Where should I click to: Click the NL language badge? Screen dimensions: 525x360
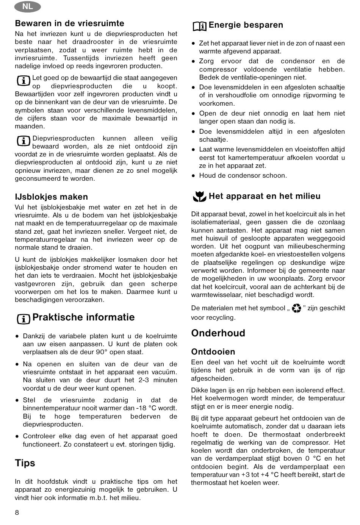tap(27, 6)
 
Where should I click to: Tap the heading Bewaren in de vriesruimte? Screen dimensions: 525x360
tap(69, 23)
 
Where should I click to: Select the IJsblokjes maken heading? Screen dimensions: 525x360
tap(51, 197)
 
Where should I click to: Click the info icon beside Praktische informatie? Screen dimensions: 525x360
tap(23, 319)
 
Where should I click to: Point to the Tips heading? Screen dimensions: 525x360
tap(25, 463)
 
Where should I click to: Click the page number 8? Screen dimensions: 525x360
tap(17, 513)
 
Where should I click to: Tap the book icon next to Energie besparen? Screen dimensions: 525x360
tap(199, 26)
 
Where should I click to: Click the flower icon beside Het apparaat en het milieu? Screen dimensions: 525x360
tap(199, 197)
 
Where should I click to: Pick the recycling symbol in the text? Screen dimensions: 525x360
tap(296, 309)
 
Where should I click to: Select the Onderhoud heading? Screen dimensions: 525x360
tap(218, 333)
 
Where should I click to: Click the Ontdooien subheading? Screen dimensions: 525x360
tap(213, 352)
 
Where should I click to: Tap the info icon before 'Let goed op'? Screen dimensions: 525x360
tap(23, 80)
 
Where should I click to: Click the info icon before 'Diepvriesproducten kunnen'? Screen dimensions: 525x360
tap(23, 141)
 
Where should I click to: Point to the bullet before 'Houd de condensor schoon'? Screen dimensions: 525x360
tap(193, 175)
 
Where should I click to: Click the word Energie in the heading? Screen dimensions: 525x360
tap(225, 25)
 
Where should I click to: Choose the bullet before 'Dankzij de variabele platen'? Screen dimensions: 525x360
tap(17, 336)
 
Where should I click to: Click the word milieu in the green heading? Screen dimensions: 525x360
tap(308, 196)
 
